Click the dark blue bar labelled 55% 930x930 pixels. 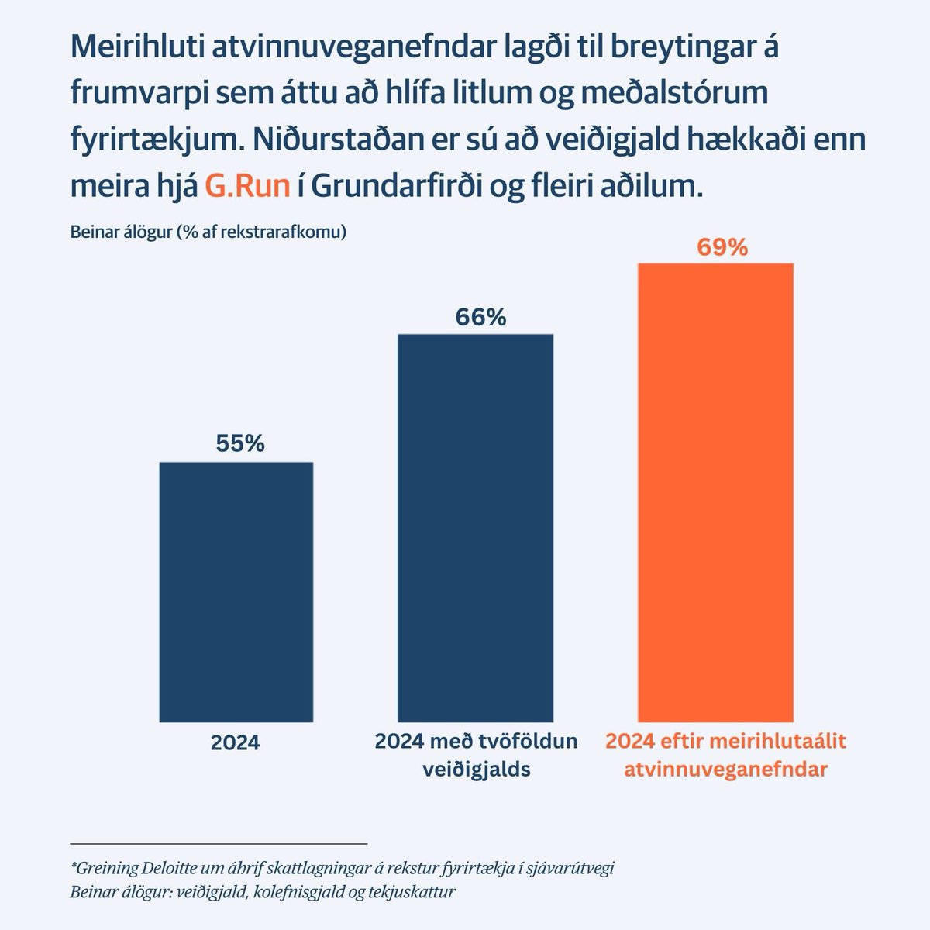click(x=236, y=592)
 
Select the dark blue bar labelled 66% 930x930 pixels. click(x=475, y=528)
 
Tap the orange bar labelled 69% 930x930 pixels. click(x=715, y=492)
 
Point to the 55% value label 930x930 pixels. click(x=240, y=444)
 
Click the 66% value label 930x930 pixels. click(x=480, y=318)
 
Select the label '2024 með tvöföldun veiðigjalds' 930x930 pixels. click(x=476, y=756)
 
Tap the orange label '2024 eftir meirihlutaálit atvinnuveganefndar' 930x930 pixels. click(x=725, y=756)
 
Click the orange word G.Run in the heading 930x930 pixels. click(x=247, y=187)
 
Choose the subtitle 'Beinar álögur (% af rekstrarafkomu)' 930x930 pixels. click(x=208, y=232)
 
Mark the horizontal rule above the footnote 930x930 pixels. click(x=219, y=842)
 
